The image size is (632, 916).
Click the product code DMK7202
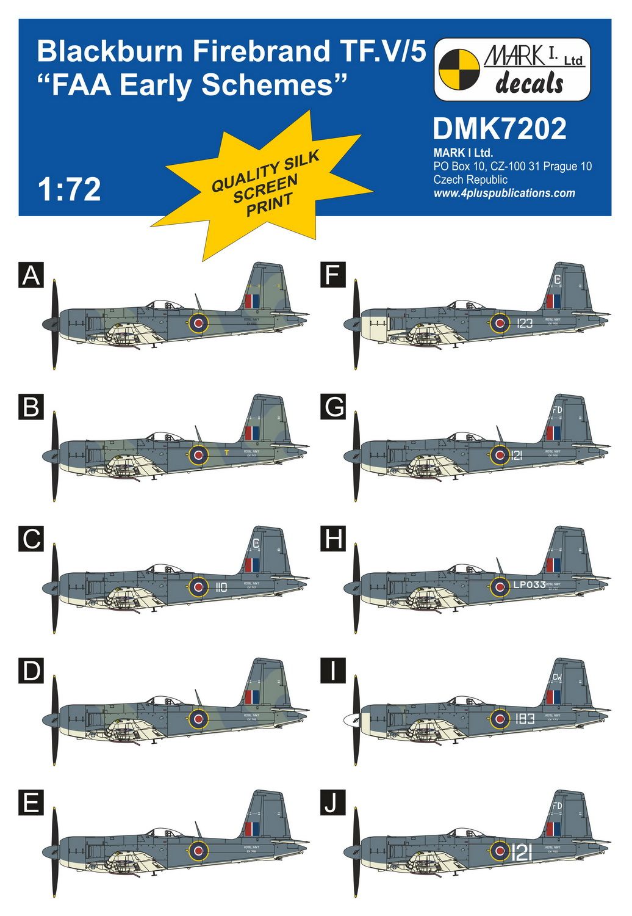(499, 129)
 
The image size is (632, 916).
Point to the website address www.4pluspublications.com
(504, 194)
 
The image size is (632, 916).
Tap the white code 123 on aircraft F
(524, 323)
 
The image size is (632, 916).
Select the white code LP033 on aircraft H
(529, 585)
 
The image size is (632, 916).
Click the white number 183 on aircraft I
(525, 719)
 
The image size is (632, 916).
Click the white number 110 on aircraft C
(221, 587)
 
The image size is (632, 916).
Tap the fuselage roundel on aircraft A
(198, 323)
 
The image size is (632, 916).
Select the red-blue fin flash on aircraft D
(251, 697)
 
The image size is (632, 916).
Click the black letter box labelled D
(31, 671)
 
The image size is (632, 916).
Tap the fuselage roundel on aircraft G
(500, 454)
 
